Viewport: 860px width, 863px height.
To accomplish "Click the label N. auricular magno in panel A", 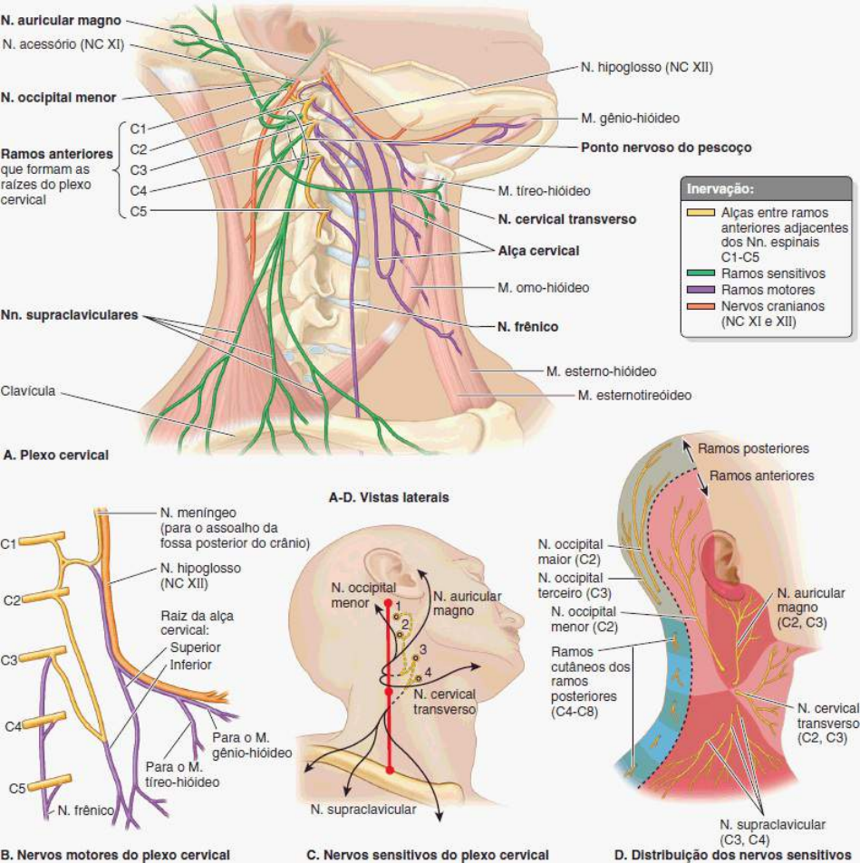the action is click(x=61, y=20).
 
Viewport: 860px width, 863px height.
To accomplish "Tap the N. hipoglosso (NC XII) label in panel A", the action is click(x=647, y=68).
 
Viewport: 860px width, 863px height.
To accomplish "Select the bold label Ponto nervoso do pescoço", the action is click(x=666, y=148).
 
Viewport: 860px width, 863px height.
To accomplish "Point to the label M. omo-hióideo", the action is click(x=543, y=287).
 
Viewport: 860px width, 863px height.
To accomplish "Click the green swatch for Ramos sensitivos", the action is click(x=701, y=273).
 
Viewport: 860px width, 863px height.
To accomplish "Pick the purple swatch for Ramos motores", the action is click(x=701, y=290).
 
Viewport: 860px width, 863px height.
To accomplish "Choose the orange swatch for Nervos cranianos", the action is click(x=701, y=306).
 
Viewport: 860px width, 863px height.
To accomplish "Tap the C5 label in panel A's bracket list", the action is click(x=139, y=211).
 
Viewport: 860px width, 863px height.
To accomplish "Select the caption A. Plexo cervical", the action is click(x=55, y=455).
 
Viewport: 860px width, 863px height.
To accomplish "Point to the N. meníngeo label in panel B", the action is click(x=198, y=513).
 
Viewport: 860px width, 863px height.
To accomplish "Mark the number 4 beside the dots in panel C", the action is click(x=428, y=672).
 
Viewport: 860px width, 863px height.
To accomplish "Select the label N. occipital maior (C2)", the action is click(x=570, y=552).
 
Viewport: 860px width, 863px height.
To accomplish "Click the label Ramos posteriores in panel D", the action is click(x=753, y=448).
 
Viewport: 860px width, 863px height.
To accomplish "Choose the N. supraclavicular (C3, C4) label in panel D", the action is click(x=772, y=832).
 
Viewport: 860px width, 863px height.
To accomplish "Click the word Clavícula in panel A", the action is click(x=28, y=391).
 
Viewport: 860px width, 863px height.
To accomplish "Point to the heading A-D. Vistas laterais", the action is click(x=389, y=497).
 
